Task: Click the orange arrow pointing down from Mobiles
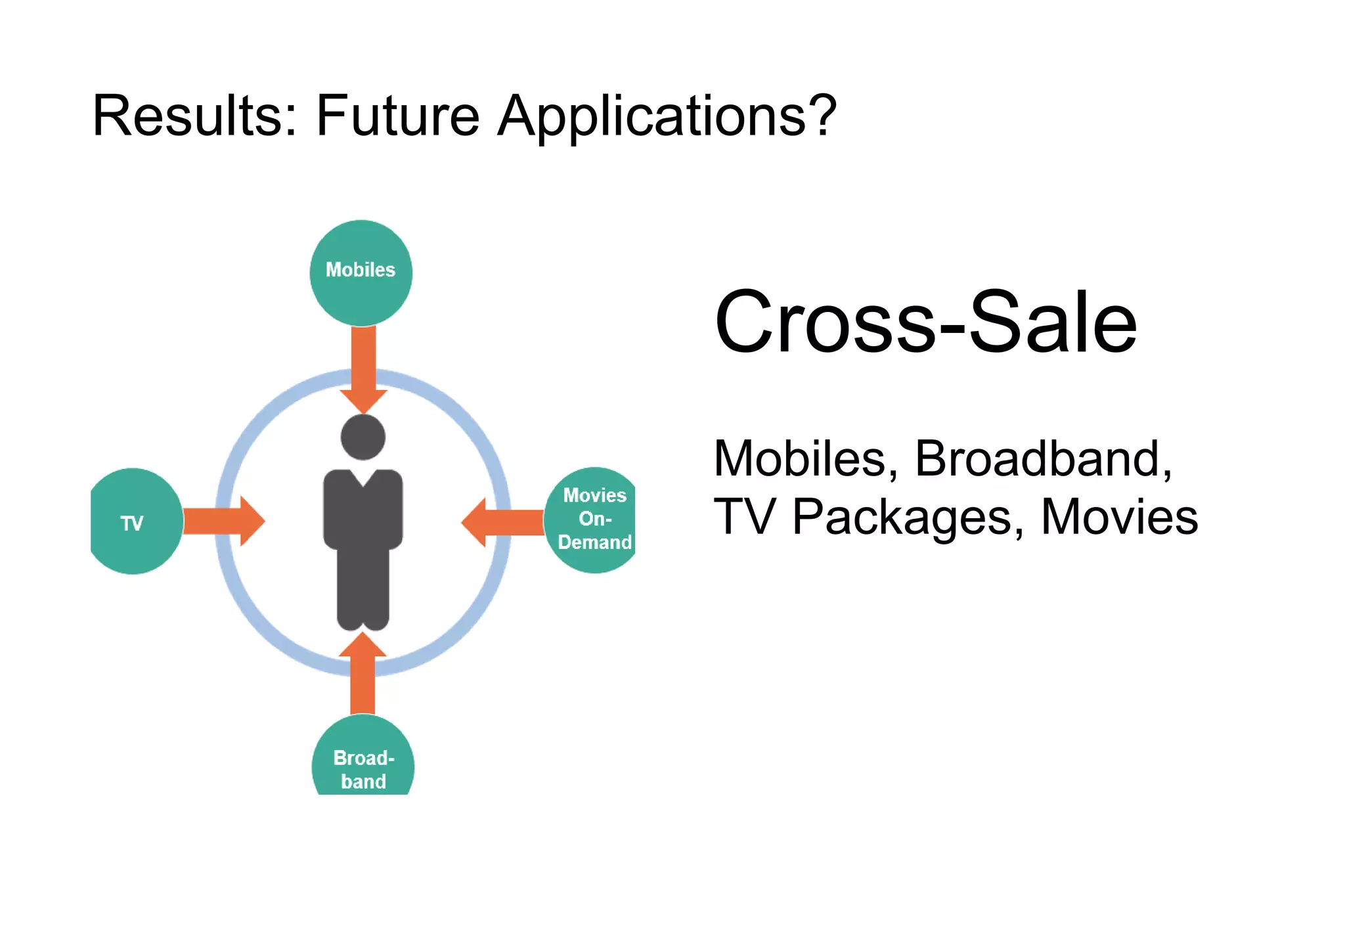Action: click(x=363, y=368)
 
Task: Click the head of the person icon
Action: click(x=363, y=437)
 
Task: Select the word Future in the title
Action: click(x=397, y=116)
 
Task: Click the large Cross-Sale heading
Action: click(x=925, y=322)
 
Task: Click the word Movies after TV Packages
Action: click(x=1119, y=517)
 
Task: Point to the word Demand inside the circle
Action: click(x=594, y=542)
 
